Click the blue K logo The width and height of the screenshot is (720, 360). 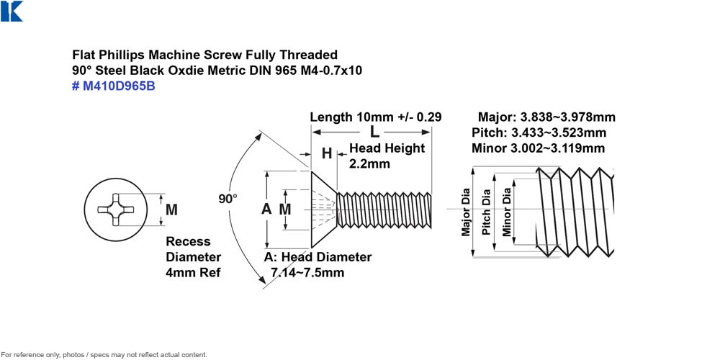point(12,11)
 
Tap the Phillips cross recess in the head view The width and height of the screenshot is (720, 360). point(116,210)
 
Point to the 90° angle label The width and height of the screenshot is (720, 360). point(228,199)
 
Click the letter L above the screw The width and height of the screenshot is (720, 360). point(375,132)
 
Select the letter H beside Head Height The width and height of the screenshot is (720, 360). point(326,153)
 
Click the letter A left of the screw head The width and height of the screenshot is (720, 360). point(266,209)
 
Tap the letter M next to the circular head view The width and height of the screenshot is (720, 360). point(171,210)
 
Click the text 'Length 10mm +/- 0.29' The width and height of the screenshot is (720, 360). point(376,117)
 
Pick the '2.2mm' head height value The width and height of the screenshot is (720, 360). point(369,163)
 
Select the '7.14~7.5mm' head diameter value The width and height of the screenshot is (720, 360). point(307,272)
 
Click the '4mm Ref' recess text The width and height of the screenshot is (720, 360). point(193,272)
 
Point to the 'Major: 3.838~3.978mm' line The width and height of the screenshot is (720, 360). point(546,117)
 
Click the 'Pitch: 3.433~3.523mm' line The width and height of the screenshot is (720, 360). point(539,132)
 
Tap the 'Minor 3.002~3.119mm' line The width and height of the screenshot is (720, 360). point(538,148)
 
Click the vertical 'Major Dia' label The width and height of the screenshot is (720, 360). point(466,212)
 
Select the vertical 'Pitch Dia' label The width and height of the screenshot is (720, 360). point(486,212)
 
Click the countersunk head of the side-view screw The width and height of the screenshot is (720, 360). point(324,210)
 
